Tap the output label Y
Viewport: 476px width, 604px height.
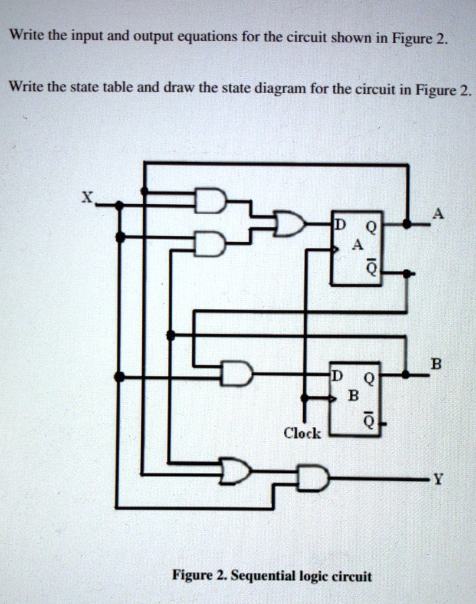coord(437,479)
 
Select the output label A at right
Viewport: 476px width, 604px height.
coord(436,215)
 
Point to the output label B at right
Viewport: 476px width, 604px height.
coord(436,363)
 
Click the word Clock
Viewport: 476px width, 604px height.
coord(302,434)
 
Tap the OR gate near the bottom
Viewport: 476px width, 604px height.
coord(235,470)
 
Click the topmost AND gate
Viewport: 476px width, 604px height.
coord(210,201)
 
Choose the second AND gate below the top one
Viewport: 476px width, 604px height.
coord(210,244)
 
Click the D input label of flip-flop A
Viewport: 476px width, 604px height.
coord(339,224)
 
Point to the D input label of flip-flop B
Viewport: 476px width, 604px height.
coord(336,374)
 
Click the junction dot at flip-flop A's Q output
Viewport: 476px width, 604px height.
coord(406,224)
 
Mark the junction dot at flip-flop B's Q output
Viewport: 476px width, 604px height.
coord(406,374)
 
